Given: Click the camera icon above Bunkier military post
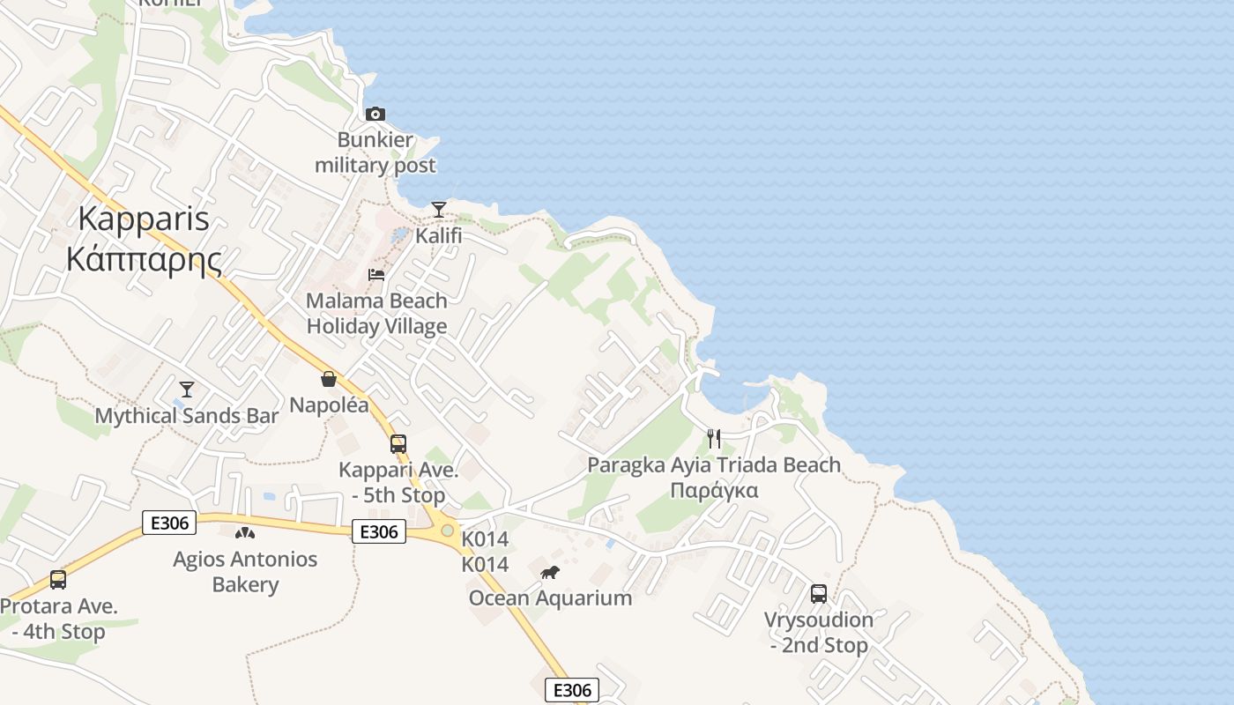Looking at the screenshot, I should pos(375,114).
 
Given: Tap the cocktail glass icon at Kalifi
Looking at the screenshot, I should pos(438,209).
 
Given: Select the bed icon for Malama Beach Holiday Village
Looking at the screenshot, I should pos(376,274).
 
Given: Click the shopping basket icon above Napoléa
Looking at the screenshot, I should pos(329,379).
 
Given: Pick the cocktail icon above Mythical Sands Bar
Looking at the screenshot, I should pos(186,389).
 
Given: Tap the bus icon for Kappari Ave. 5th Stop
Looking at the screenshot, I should pos(398,443).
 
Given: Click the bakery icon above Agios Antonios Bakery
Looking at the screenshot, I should pos(245,532).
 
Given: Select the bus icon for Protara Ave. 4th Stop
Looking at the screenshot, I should pos(58,580).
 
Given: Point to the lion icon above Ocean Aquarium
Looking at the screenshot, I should pos(550,573).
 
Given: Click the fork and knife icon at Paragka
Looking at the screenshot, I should pos(714,438).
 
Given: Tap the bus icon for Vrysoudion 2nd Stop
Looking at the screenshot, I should pos(819,593).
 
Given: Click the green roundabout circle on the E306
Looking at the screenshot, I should pos(448,531).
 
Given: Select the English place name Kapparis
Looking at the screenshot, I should pos(145,219).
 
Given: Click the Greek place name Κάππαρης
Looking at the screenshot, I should pos(145,260).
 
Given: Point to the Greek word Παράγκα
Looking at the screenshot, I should pos(714,491).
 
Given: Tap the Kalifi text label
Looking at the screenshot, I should pos(439,236).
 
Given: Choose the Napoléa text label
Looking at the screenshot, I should pos(329,405).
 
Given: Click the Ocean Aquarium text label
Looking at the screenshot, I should pos(550,598).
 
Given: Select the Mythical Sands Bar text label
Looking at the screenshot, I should pos(186,416).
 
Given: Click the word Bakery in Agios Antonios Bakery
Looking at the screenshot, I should pos(245,584).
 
